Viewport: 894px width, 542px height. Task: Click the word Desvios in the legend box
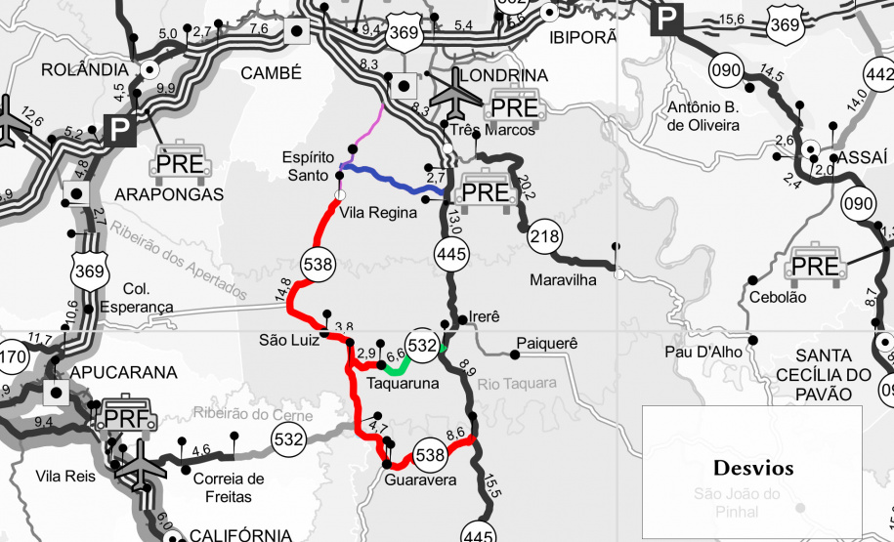coord(752,468)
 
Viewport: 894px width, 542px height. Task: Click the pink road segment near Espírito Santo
coord(367,131)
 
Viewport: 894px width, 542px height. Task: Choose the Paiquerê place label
coord(547,344)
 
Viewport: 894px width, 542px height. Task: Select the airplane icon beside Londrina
coord(456,93)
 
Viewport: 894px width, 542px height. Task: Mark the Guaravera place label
coord(419,480)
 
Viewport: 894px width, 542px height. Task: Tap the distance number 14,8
coord(283,290)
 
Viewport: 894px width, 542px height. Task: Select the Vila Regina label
coord(379,212)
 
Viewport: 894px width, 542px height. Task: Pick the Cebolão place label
coord(778,297)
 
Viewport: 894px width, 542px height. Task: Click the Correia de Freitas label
coord(229,487)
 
